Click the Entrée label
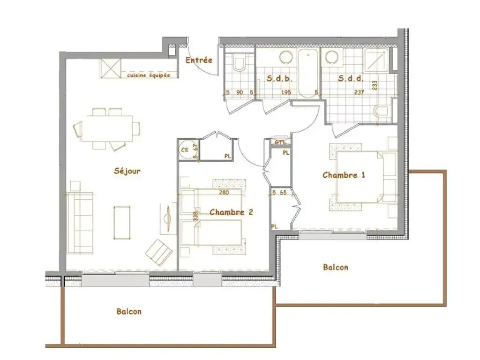click(x=199, y=60)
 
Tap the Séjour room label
click(x=127, y=171)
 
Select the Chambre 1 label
click(x=344, y=175)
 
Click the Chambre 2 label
click(x=231, y=212)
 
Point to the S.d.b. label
click(x=279, y=79)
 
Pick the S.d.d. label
click(x=350, y=79)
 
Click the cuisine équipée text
click(x=148, y=75)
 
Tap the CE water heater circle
click(x=185, y=150)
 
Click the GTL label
click(x=280, y=142)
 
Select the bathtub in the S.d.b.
click(x=308, y=73)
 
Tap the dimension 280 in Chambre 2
click(x=224, y=192)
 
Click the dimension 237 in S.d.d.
click(x=359, y=92)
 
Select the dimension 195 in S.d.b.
click(x=286, y=92)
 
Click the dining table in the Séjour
click(x=107, y=128)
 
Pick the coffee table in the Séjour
click(x=122, y=222)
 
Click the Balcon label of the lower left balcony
click(x=129, y=311)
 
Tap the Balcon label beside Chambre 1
click(x=335, y=267)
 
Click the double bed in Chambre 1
click(x=358, y=177)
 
